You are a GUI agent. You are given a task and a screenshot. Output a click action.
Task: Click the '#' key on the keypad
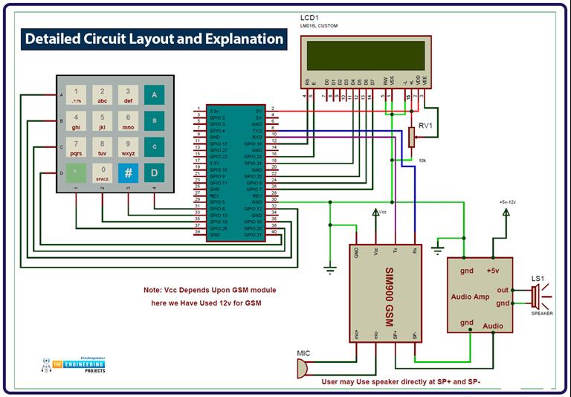coord(128,172)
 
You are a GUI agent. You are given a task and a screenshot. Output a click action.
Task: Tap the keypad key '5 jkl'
coord(102,121)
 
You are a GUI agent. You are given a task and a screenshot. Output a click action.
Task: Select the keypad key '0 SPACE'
coord(102,172)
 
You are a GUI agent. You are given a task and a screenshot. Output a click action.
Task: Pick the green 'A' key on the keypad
coord(154,95)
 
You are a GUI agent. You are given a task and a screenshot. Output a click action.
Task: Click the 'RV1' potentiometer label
coord(427,126)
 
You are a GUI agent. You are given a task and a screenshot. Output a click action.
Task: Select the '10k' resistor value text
coord(422,161)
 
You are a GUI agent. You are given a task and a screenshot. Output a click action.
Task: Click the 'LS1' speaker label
coord(539,278)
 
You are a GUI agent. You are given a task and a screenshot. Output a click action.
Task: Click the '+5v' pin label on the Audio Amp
coord(491,271)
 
